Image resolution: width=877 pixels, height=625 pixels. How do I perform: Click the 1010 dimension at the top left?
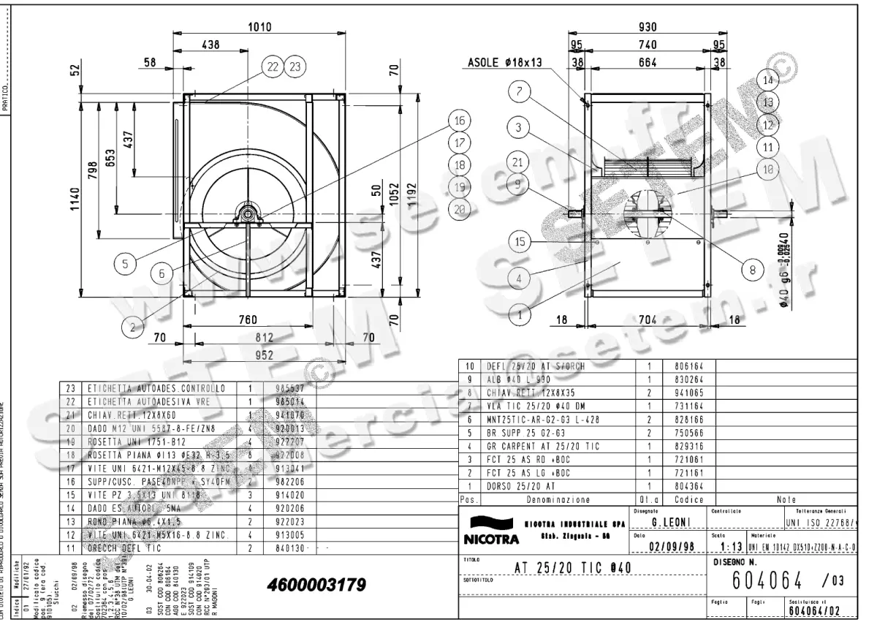(259, 27)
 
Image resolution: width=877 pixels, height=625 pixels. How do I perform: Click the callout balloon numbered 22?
(273, 67)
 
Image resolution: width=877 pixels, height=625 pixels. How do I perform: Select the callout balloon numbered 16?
(459, 121)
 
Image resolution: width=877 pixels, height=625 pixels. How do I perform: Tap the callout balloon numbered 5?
(126, 265)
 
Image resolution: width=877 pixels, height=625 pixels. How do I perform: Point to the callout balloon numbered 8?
(753, 269)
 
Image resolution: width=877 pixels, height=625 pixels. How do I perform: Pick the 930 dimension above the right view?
(647, 27)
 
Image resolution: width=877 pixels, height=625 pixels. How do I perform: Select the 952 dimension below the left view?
(265, 355)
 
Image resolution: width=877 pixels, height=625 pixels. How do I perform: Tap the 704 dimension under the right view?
(648, 319)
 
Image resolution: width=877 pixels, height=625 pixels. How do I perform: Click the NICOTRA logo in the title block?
(490, 531)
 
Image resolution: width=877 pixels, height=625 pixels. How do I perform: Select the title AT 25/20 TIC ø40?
(573, 568)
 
